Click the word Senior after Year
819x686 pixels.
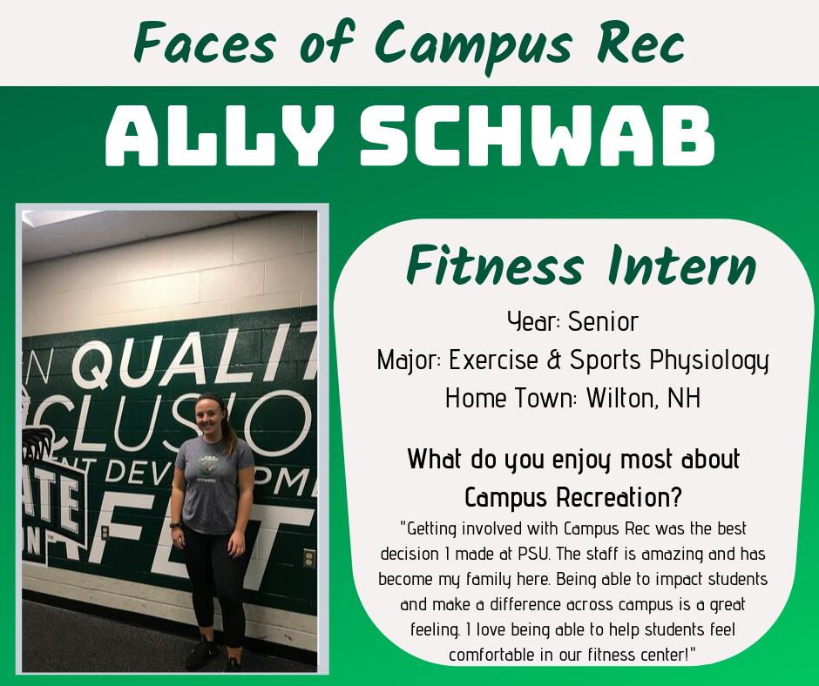[x=603, y=321]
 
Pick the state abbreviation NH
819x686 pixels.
[x=686, y=399]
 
